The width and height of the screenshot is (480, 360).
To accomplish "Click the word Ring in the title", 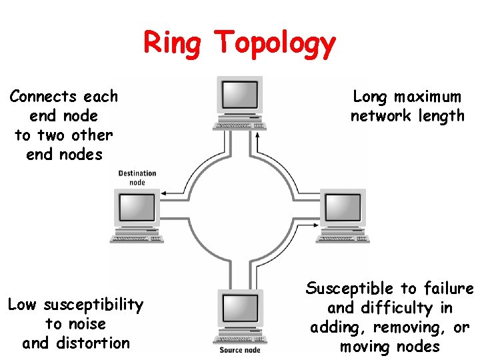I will pyautogui.click(x=174, y=43).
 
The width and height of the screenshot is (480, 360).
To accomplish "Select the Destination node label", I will pyautogui.click(x=137, y=178).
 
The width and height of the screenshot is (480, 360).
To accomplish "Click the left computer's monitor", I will pyautogui.click(x=136, y=208).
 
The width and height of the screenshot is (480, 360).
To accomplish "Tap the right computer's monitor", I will pyautogui.click(x=342, y=207).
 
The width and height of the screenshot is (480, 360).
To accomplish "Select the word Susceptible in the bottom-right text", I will pyautogui.click(x=350, y=289).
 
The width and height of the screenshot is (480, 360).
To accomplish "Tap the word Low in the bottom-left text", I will pyautogui.click(x=22, y=305).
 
